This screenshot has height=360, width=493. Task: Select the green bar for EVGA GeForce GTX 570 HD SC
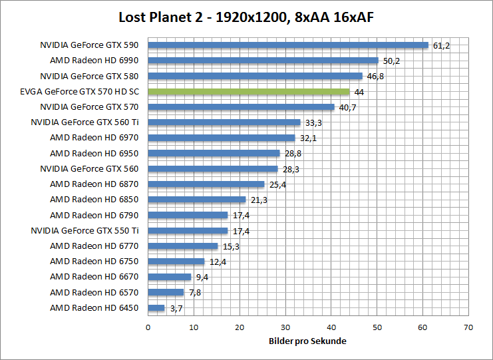(x=248, y=92)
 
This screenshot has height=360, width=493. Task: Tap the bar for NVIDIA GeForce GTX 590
(x=287, y=45)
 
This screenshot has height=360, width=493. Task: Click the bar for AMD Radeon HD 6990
(x=263, y=61)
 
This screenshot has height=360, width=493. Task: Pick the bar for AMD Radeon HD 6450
(x=156, y=308)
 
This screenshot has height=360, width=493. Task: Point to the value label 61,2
(x=441, y=46)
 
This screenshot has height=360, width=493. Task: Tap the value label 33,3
(x=313, y=123)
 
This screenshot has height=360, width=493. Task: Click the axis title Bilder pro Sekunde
(x=307, y=341)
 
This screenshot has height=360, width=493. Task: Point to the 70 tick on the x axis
(x=468, y=327)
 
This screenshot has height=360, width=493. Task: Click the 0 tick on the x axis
(x=148, y=327)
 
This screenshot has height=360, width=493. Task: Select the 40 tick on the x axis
(x=331, y=327)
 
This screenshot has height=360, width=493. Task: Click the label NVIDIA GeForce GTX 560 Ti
(x=85, y=122)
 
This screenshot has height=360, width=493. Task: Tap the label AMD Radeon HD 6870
(x=94, y=184)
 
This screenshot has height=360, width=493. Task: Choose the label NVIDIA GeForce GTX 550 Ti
(x=85, y=231)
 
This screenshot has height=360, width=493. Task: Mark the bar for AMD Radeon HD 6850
(x=196, y=200)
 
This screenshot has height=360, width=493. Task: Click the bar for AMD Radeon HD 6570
(x=166, y=292)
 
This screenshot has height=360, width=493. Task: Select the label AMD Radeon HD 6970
(x=94, y=138)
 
